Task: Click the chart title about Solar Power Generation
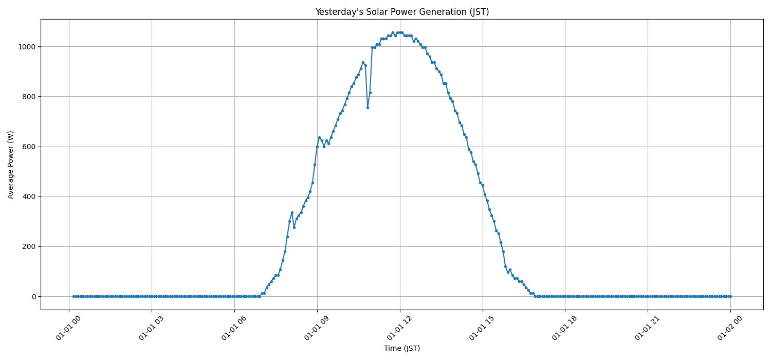click(x=402, y=12)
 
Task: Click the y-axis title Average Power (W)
click(x=11, y=165)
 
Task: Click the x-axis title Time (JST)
click(x=402, y=348)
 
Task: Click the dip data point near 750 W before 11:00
click(x=368, y=107)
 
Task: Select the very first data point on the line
click(x=74, y=296)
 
